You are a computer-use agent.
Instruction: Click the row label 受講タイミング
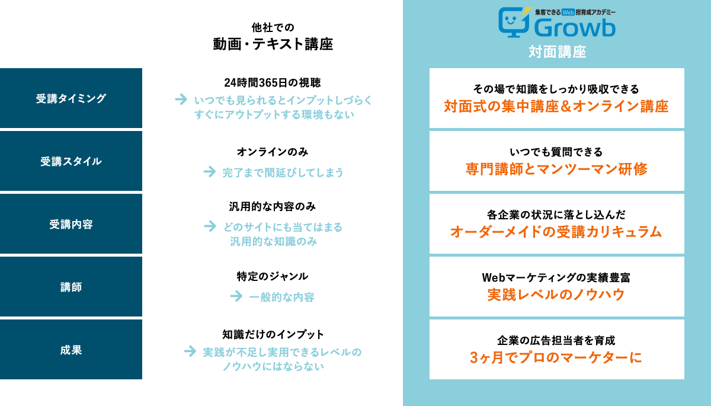tap(71, 99)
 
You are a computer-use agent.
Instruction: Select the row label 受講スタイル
tap(71, 161)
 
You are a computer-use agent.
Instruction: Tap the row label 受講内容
tap(71, 225)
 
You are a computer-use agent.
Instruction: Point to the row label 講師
tap(71, 287)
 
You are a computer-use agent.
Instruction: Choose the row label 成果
tap(71, 350)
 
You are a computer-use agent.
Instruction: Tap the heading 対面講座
tap(557, 52)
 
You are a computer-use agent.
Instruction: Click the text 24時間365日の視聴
tap(273, 82)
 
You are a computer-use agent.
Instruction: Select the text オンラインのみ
tap(273, 152)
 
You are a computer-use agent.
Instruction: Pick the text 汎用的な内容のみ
tap(273, 207)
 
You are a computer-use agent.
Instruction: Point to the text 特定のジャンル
tap(273, 276)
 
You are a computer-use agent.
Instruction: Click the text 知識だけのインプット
tap(273, 334)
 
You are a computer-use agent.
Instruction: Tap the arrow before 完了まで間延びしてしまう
tap(209, 172)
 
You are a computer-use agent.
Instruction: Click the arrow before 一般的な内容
tap(236, 296)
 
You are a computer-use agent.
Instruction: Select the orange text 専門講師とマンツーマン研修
tap(556, 169)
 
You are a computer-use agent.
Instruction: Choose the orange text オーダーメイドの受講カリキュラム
tap(556, 232)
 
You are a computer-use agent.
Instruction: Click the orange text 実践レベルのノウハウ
tap(556, 295)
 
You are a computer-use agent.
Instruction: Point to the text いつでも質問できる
tap(556, 152)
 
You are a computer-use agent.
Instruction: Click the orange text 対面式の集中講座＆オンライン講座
tap(556, 107)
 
